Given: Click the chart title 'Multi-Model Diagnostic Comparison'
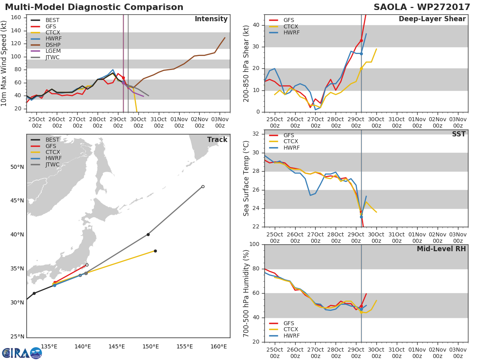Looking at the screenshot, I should (94, 7).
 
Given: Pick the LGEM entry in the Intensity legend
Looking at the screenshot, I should (52, 51).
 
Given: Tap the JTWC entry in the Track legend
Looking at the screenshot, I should (52, 165).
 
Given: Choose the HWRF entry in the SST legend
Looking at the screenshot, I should (291, 148).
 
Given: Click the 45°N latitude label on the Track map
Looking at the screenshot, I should (17, 201).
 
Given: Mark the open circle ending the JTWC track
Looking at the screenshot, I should (203, 186).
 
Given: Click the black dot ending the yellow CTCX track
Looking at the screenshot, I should (155, 251).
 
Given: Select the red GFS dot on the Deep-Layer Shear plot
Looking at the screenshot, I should (361, 40).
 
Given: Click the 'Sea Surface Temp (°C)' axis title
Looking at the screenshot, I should (246, 178).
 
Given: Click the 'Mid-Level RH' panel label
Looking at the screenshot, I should (441, 249).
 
